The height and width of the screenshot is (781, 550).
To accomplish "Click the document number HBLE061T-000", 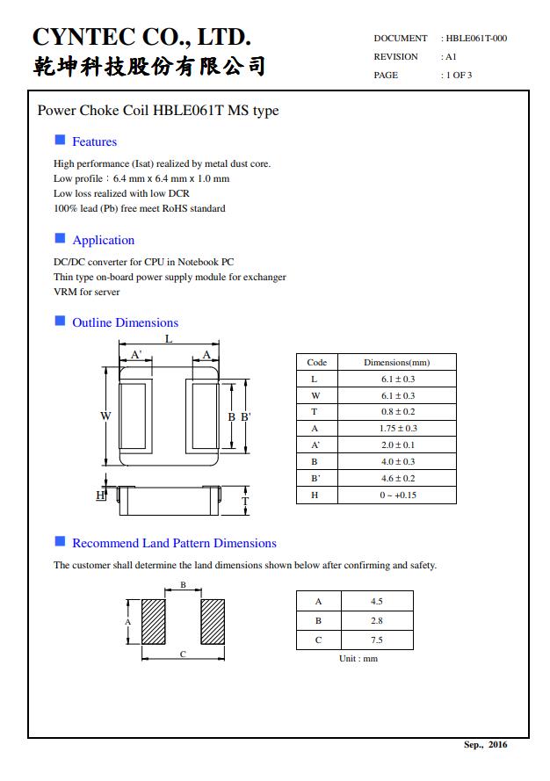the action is pyautogui.click(x=476, y=39).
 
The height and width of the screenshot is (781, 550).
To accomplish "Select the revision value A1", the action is pyautogui.click(x=451, y=57).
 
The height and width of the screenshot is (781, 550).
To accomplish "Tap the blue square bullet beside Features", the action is pyautogui.click(x=60, y=140).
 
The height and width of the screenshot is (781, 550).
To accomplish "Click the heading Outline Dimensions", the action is pyautogui.click(x=125, y=322).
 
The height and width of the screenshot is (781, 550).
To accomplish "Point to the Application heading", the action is pyautogui.click(x=104, y=240).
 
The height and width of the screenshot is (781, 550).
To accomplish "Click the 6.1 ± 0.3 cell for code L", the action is pyautogui.click(x=398, y=379).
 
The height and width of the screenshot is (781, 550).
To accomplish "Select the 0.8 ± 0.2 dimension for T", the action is pyautogui.click(x=398, y=412).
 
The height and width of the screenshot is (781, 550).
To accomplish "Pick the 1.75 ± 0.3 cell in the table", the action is pyautogui.click(x=398, y=429).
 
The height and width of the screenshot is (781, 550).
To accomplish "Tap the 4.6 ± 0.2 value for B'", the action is pyautogui.click(x=398, y=478).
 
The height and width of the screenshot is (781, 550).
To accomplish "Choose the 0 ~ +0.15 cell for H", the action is pyautogui.click(x=398, y=495).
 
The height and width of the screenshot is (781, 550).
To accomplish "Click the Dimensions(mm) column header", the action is pyautogui.click(x=396, y=363).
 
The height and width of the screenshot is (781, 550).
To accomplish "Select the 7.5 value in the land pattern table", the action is pyautogui.click(x=377, y=640).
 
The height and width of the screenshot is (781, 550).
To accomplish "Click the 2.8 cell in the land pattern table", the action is pyautogui.click(x=377, y=620).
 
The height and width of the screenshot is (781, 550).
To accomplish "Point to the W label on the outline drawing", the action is pyautogui.click(x=105, y=416).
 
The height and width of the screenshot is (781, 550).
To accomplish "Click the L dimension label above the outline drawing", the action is pyautogui.click(x=169, y=339).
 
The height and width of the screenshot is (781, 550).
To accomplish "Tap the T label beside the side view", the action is pyautogui.click(x=245, y=501).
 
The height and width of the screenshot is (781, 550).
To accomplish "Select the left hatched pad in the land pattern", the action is pyautogui.click(x=154, y=622).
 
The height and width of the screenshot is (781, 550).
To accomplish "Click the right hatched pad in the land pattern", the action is pyautogui.click(x=213, y=622).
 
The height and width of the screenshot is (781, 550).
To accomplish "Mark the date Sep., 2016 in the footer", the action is pyautogui.click(x=485, y=745).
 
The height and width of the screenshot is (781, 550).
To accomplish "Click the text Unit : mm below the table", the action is pyautogui.click(x=358, y=659).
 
